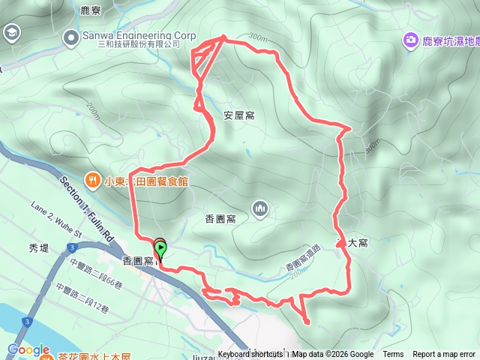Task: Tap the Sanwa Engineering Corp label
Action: tap(139, 35)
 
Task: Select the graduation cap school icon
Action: tap(11, 33)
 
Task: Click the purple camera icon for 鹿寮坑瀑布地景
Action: tap(410, 40)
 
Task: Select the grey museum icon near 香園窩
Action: tap(260, 207)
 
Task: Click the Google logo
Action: tap(28, 350)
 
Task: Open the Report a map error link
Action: tap(445, 355)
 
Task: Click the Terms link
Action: tap(393, 355)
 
